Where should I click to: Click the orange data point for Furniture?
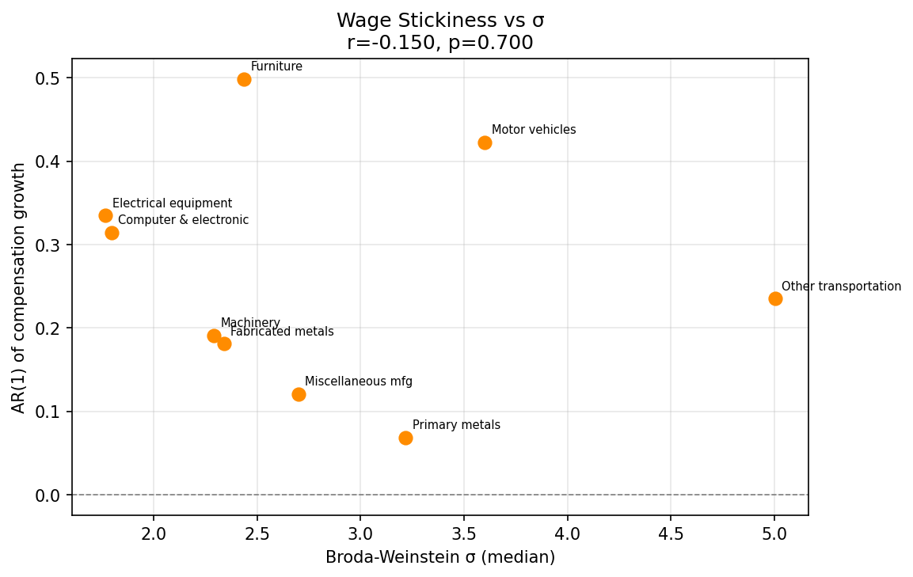click(244, 79)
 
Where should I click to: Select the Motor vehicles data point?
click(485, 142)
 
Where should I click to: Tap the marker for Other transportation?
click(775, 298)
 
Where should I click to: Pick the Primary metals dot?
click(405, 438)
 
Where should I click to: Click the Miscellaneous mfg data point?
click(299, 394)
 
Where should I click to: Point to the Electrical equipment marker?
click(105, 215)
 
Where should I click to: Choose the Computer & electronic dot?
click(112, 233)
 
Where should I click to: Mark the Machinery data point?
click(214, 336)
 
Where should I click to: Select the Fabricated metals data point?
click(224, 344)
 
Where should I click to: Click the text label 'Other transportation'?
click(841, 287)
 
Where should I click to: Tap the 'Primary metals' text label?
click(456, 425)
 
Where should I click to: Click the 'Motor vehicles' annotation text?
click(534, 130)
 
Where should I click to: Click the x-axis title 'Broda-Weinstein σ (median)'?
click(440, 558)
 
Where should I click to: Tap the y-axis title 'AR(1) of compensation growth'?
click(19, 287)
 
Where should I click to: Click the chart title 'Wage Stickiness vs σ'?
click(440, 21)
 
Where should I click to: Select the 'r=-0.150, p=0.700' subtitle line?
click(440, 43)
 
